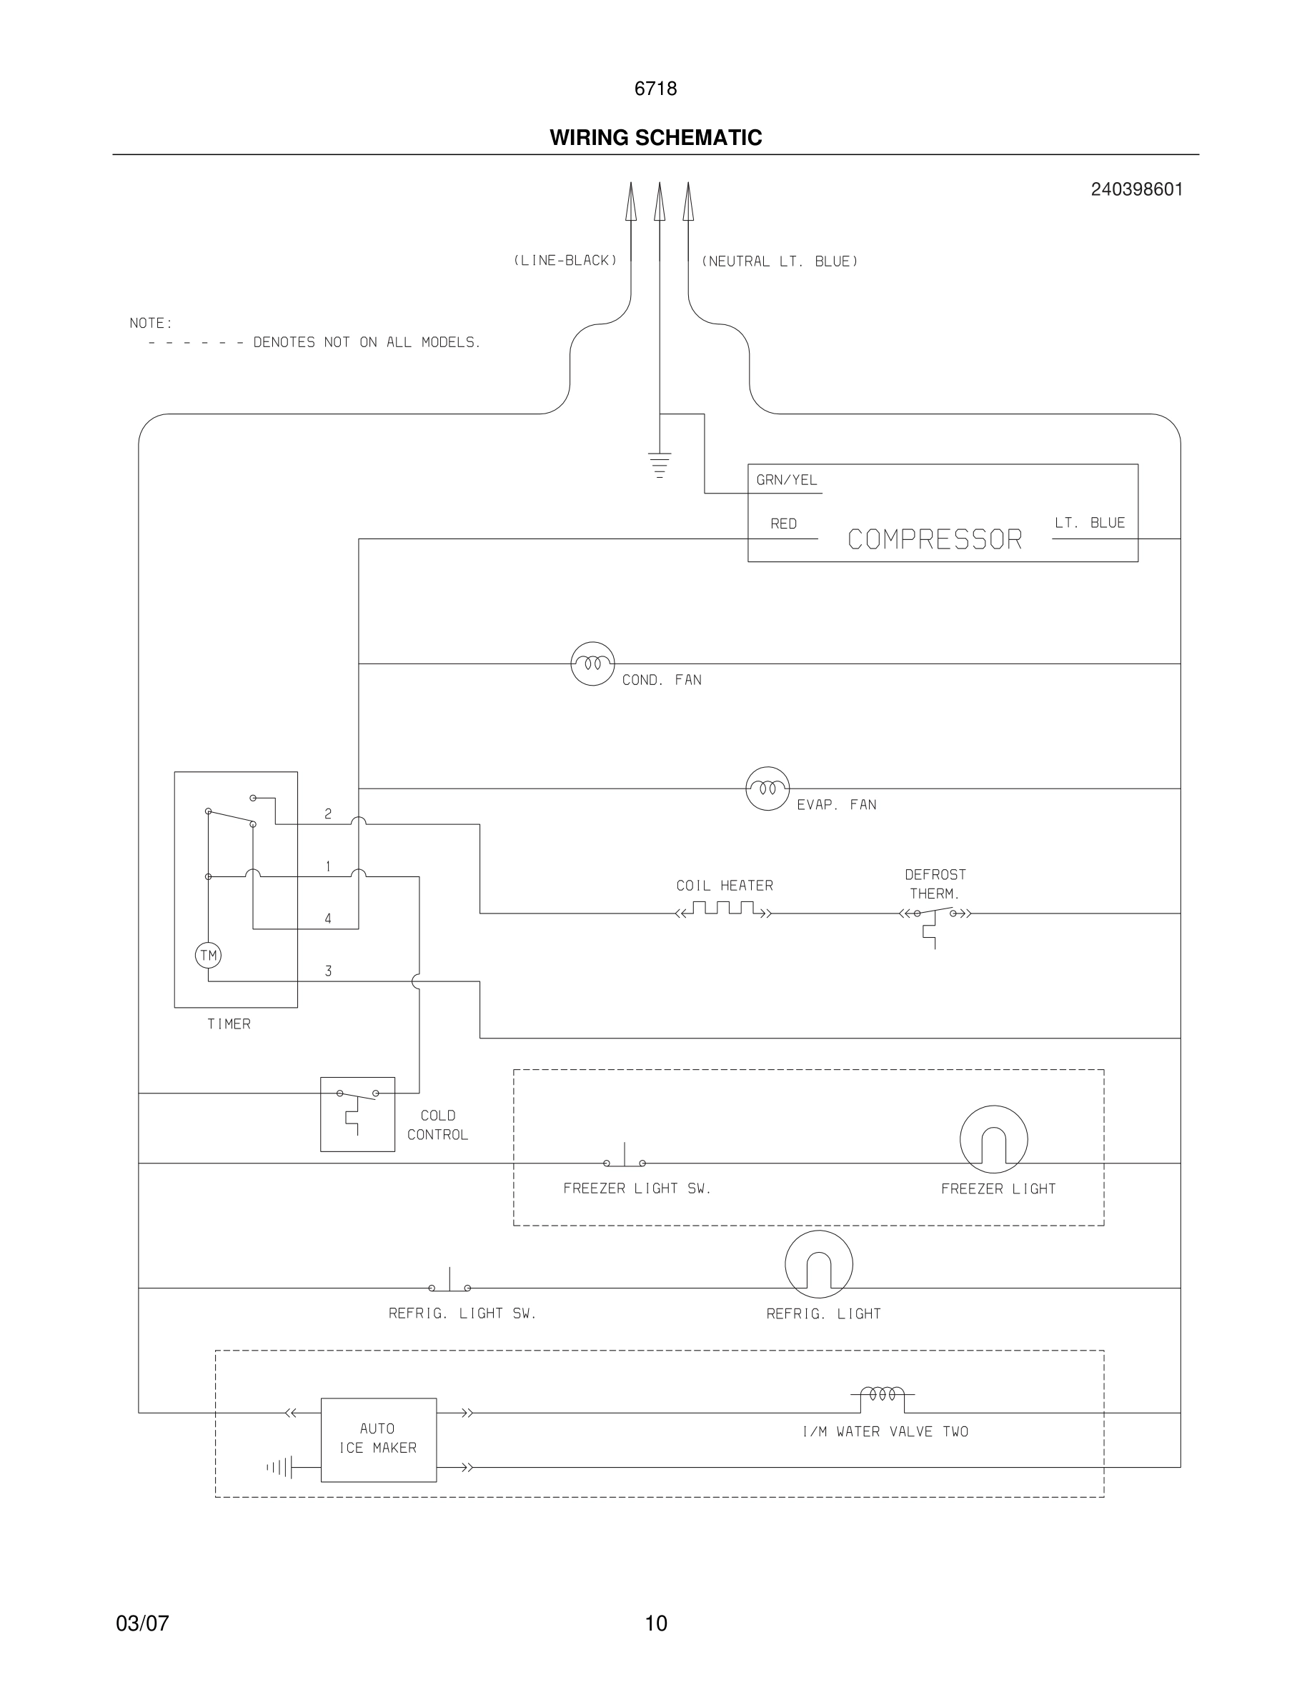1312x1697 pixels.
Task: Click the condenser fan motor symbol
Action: click(x=592, y=664)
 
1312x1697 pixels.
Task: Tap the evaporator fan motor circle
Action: click(x=767, y=789)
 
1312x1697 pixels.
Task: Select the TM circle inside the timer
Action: click(x=208, y=955)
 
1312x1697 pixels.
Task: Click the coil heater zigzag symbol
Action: click(x=724, y=909)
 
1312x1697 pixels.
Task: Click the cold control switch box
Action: click(x=357, y=1114)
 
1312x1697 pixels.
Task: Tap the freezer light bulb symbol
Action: click(x=993, y=1139)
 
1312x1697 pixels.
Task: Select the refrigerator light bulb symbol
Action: click(x=818, y=1264)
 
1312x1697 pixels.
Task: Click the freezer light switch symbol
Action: click(x=624, y=1158)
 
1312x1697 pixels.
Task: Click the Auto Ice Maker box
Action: click(x=379, y=1440)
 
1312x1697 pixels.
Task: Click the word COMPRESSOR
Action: click(x=934, y=539)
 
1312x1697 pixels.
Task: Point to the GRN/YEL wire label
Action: click(x=787, y=480)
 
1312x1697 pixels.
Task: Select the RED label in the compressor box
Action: click(x=783, y=524)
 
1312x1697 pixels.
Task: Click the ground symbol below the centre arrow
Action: click(x=659, y=464)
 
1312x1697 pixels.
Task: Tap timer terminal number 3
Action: click(x=328, y=971)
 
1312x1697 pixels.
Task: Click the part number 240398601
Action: click(x=1136, y=189)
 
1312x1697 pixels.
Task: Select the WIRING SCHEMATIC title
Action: click(x=655, y=138)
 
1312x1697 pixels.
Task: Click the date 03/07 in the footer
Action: click(x=142, y=1623)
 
